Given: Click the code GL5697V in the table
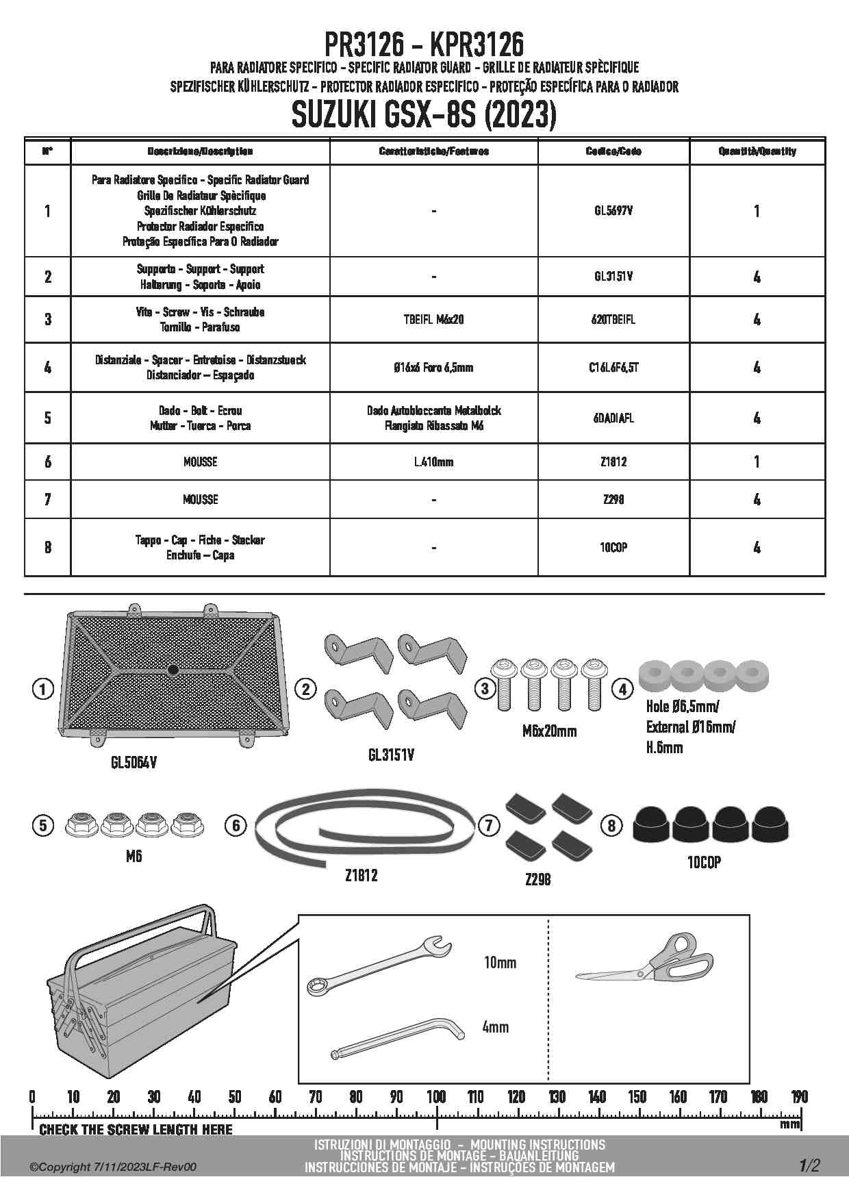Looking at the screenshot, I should click(613, 211).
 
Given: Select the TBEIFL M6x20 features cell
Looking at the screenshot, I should click(433, 319).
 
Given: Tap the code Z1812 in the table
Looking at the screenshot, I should click(613, 462).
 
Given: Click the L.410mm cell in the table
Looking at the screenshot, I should click(433, 462).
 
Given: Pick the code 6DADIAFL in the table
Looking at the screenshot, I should click(613, 418).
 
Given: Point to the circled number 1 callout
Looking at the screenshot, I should click(42, 689).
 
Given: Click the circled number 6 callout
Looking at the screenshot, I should click(236, 825).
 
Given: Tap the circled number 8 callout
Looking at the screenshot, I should click(611, 826).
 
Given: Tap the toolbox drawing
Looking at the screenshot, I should click(144, 993).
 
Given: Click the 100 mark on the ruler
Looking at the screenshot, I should click(436, 1097).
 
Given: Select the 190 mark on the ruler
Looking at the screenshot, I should click(799, 1097).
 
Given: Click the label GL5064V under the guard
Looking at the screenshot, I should click(134, 762).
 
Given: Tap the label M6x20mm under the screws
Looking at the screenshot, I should click(549, 731).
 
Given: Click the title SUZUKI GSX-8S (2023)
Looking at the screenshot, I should click(424, 115).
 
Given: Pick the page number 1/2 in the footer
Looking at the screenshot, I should click(808, 1165).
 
